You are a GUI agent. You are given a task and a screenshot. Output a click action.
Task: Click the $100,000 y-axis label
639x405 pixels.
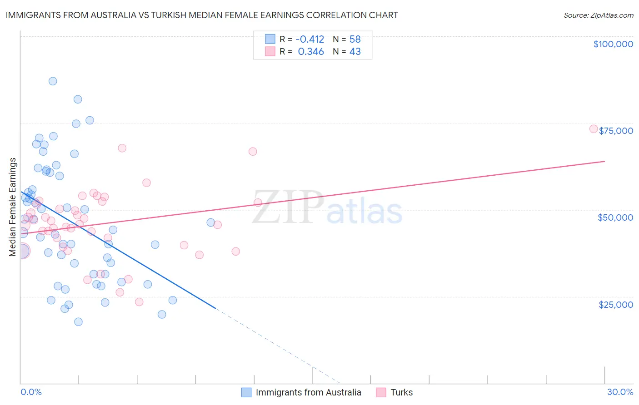(613, 44)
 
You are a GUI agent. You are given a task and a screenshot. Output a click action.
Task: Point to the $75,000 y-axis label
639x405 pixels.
(616, 131)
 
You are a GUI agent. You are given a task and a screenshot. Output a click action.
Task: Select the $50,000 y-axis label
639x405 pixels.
(615, 217)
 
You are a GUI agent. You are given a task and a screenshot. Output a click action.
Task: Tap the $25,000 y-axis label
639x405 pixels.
(616, 304)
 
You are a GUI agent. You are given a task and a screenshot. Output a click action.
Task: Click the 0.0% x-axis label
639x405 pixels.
(31, 392)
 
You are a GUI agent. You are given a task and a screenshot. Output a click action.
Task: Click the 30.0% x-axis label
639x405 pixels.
(620, 392)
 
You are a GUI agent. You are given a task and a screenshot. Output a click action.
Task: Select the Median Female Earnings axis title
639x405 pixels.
(13, 207)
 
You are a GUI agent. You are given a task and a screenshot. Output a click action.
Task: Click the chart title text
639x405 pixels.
(202, 15)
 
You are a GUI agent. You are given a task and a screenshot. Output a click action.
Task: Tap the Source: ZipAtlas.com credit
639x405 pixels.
(598, 15)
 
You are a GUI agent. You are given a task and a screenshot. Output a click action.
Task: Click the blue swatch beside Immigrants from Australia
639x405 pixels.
(246, 392)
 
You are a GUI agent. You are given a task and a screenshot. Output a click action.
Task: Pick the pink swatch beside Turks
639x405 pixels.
(381, 392)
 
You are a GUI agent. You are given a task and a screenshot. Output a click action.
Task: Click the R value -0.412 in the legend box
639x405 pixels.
(310, 39)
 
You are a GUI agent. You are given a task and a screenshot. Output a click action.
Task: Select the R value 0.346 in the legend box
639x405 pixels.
(311, 52)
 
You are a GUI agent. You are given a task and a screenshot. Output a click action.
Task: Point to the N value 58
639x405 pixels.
(355, 39)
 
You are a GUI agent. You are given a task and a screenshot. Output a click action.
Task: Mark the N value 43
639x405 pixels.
(355, 52)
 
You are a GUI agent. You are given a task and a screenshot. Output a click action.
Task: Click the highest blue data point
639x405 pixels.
(53, 81)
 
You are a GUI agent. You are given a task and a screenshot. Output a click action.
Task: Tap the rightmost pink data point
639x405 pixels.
(594, 129)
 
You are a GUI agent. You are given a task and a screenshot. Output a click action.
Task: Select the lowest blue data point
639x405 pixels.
(78, 322)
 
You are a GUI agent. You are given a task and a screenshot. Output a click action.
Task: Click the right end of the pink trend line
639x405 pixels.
(605, 161)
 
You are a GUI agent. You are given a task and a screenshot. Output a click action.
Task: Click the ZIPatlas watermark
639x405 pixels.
(327, 207)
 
